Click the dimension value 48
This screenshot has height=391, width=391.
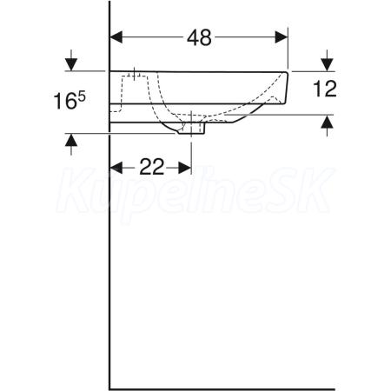tap(199, 37)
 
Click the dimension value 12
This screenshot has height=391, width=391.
tap(325, 89)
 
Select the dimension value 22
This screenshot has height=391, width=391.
tap(152, 167)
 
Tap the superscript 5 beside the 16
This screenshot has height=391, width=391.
tap(82, 97)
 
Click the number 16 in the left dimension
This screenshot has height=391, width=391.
tap(65, 102)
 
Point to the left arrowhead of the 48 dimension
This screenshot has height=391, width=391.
tap(116, 37)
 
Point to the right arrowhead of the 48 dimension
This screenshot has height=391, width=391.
tap(282, 37)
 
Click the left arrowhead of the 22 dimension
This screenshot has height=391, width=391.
tap(116, 168)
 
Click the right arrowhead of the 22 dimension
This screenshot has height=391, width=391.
tap(185, 168)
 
